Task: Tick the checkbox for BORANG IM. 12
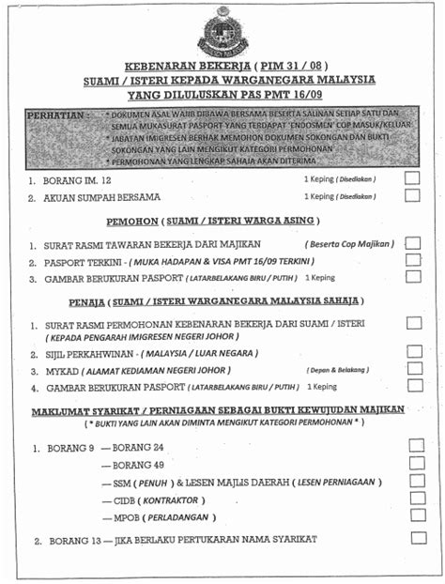[412, 177]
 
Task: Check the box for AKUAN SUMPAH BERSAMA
[412, 196]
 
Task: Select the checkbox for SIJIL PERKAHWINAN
[414, 352]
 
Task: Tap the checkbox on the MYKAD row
[414, 369]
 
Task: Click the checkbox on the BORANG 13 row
[418, 539]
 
